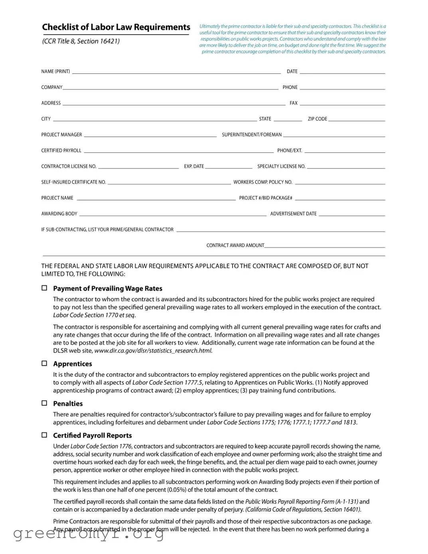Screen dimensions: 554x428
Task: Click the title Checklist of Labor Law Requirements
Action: point(116,27)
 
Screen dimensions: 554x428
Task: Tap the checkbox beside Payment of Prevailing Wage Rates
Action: point(44,288)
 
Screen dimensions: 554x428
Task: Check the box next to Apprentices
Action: point(44,364)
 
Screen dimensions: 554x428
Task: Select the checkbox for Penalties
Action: point(44,403)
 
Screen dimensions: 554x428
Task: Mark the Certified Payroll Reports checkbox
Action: point(44,435)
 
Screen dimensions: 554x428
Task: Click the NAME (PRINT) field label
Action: point(55,71)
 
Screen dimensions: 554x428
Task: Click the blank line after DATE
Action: point(342,72)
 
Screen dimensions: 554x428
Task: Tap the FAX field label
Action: point(294,103)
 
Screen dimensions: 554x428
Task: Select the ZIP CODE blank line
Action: point(357,120)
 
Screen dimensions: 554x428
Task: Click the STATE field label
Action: point(265,119)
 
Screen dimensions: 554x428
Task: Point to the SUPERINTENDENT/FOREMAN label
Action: point(252,135)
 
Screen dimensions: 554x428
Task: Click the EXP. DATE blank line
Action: point(228,167)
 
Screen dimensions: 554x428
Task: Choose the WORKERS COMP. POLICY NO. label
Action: point(263,182)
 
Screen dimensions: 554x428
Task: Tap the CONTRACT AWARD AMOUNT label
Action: point(235,245)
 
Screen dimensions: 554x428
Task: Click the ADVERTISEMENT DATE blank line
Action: point(352,215)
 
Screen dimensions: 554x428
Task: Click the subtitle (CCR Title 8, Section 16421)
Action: point(81,41)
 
